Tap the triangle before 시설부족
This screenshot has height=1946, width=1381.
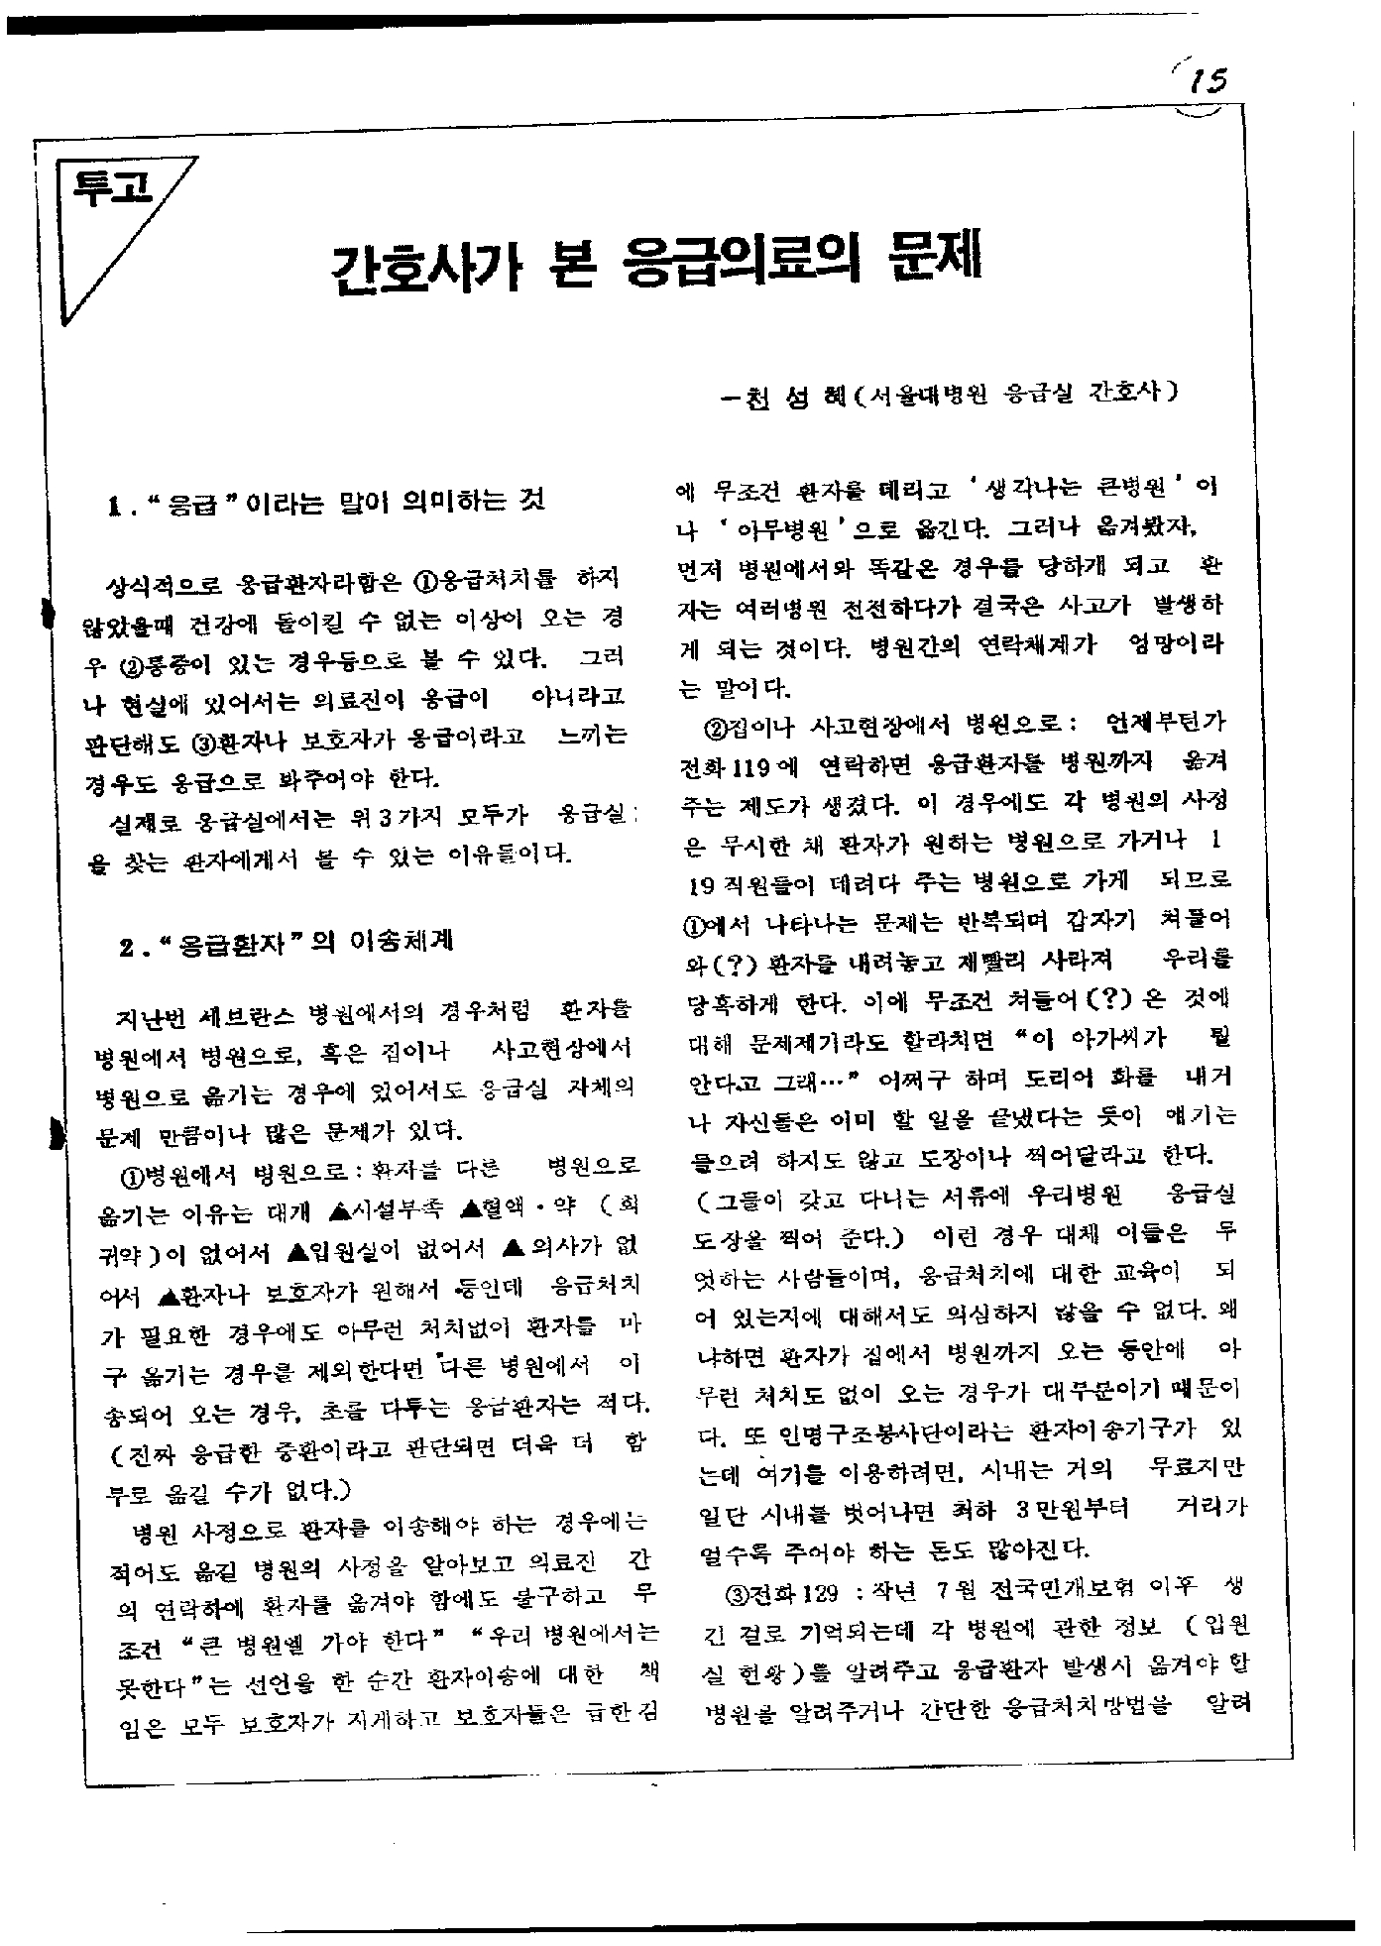point(336,1209)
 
